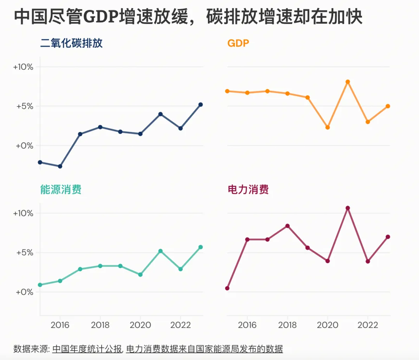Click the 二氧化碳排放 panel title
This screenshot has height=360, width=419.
point(71,43)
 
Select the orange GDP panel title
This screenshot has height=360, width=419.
point(238,43)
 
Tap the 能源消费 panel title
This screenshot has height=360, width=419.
point(61,189)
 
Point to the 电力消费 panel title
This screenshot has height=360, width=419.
point(248,189)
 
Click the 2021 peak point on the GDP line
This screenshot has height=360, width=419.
point(348,82)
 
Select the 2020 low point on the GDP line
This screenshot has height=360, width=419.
point(327,127)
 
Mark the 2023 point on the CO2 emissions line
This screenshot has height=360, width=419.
point(201,105)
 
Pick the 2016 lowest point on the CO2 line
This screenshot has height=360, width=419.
point(60,166)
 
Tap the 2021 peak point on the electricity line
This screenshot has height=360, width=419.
point(348,208)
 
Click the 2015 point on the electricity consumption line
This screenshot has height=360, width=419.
point(227,288)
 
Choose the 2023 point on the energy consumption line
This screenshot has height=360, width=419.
point(201,247)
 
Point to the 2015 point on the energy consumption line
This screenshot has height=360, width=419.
point(40,285)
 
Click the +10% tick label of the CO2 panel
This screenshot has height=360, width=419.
point(23,67)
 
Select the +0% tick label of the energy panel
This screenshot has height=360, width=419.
point(24,292)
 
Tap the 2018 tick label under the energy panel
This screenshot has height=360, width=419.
point(100,325)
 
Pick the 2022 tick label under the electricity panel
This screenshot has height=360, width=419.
point(368,325)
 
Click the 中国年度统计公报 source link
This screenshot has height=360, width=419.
point(87,349)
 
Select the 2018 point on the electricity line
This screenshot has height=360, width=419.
point(287,226)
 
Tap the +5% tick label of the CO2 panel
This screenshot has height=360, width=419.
point(24,107)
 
